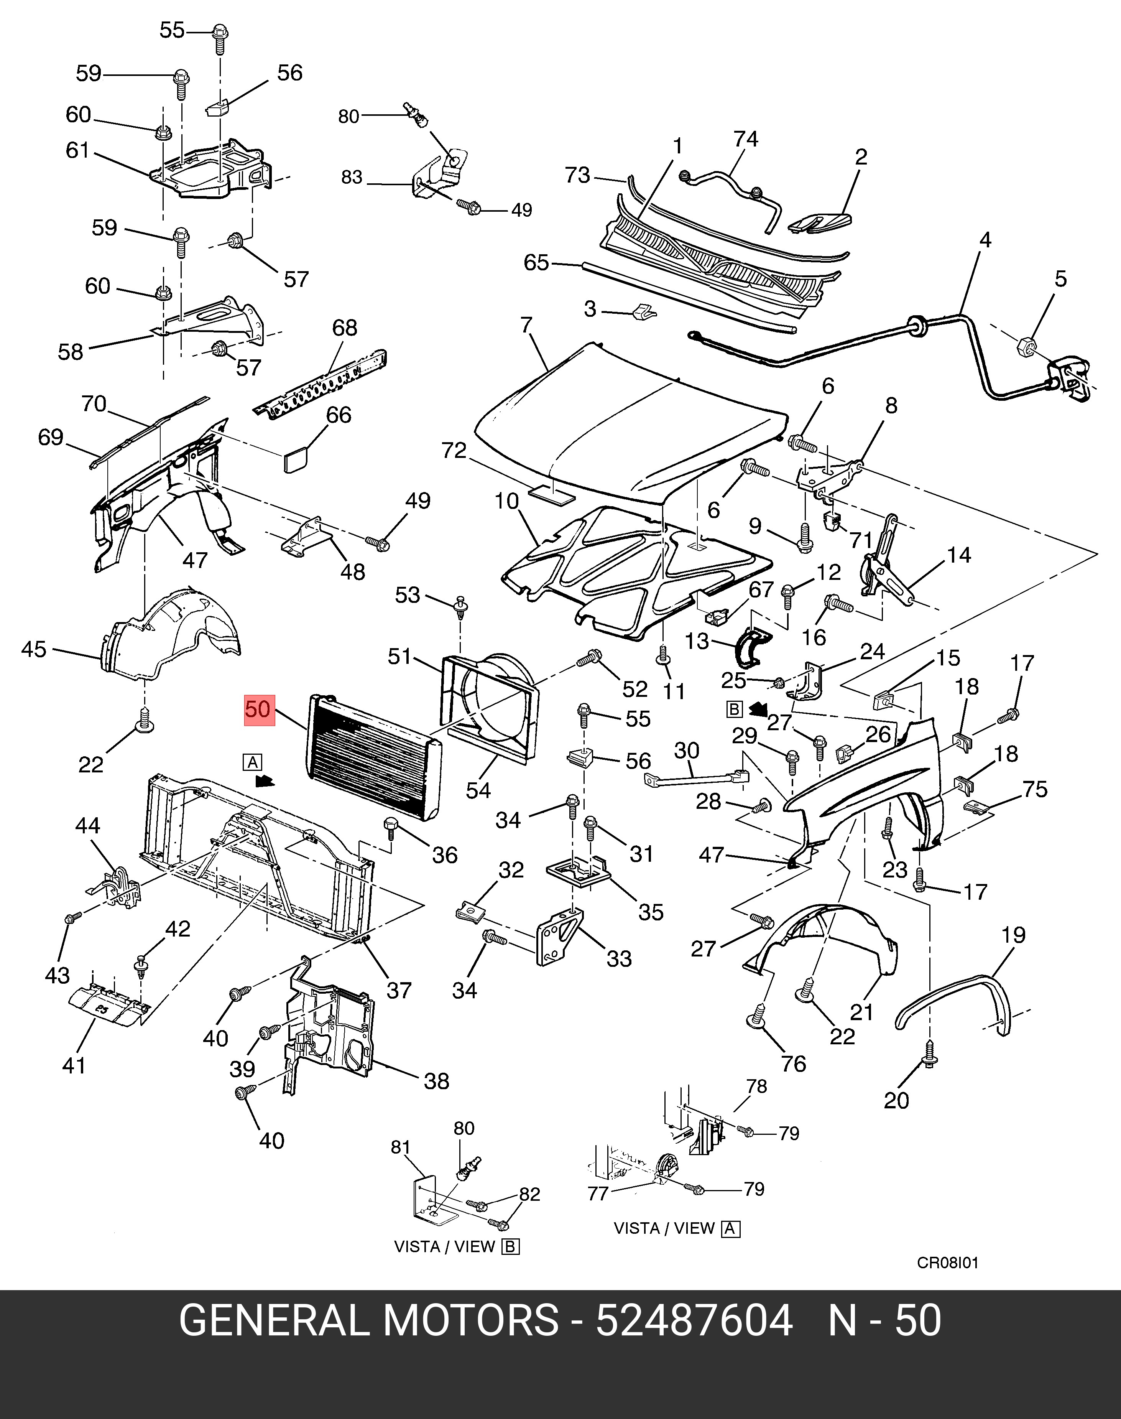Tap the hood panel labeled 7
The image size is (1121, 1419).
[x=630, y=420]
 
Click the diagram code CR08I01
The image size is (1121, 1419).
[x=948, y=1263]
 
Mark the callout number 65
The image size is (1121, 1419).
[x=536, y=263]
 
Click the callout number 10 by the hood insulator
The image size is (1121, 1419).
[x=507, y=502]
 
